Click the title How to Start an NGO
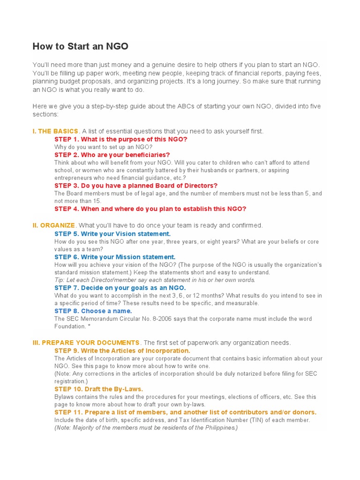point(80,46)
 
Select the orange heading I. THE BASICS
point(55,131)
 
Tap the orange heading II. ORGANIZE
point(53,225)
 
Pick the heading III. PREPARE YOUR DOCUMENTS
point(86,343)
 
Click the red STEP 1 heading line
point(120,139)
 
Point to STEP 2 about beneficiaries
point(112,155)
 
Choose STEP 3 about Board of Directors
point(136,186)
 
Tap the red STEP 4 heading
point(150,209)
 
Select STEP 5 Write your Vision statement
point(112,233)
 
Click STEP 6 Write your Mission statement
point(115,257)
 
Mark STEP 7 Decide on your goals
point(120,288)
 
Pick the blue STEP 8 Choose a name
point(93,311)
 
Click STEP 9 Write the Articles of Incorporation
point(122,351)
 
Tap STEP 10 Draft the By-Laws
point(99,389)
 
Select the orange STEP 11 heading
point(185,412)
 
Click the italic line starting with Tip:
point(155,280)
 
